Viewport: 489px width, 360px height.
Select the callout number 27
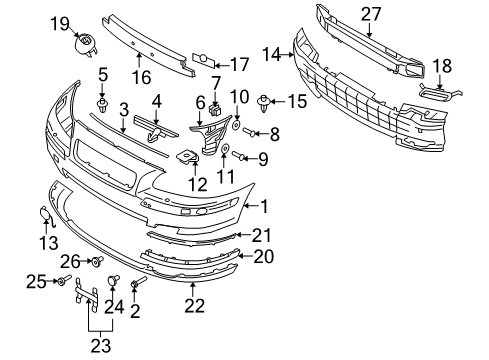click(371, 13)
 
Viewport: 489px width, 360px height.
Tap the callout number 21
click(261, 235)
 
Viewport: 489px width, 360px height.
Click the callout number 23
click(96, 347)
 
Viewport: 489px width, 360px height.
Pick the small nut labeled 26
click(98, 262)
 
